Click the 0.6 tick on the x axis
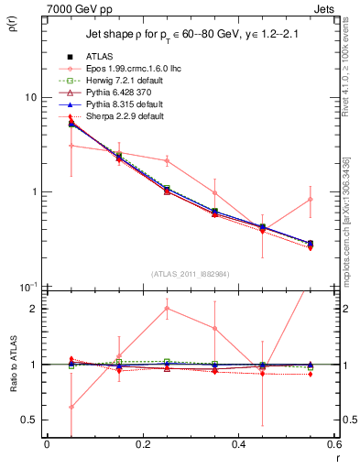(333, 445)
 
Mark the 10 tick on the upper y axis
(34, 97)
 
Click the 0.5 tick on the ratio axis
(33, 420)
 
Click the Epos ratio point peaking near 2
(167, 309)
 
